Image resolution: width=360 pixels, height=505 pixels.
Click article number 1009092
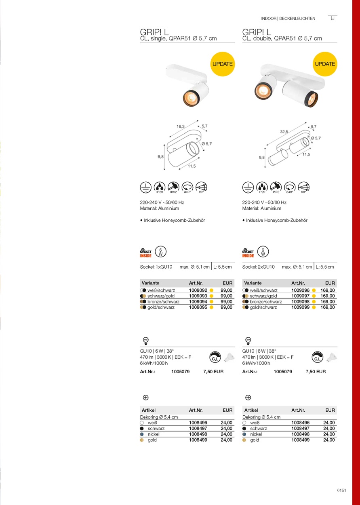click(x=198, y=290)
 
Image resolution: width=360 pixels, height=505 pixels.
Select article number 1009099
click(x=300, y=307)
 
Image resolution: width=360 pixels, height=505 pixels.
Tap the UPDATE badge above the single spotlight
click(x=223, y=64)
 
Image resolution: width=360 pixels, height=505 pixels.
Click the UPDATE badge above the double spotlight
click(x=325, y=64)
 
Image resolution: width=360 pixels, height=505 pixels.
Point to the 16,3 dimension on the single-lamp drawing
click(x=181, y=126)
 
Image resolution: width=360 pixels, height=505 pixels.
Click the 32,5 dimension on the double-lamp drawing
click(x=284, y=132)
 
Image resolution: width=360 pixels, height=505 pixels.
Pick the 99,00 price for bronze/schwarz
click(x=227, y=302)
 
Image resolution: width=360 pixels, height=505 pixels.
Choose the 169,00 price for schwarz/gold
click(x=328, y=296)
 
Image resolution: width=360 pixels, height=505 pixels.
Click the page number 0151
click(x=341, y=490)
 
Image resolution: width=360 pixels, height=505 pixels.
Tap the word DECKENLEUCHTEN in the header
click(x=297, y=19)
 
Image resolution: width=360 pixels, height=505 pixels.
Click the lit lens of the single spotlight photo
click(x=189, y=97)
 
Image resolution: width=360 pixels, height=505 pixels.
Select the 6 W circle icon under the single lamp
click(x=161, y=252)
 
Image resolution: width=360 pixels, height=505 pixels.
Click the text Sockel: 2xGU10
click(x=259, y=267)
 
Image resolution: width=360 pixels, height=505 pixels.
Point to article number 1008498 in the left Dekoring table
click(x=198, y=434)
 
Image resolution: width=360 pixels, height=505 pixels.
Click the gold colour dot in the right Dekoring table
click(x=244, y=440)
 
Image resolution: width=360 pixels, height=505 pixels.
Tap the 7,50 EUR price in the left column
click(x=213, y=372)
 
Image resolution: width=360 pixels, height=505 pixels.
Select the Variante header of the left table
click(x=151, y=283)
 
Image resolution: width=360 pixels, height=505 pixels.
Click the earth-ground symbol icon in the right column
click(x=248, y=187)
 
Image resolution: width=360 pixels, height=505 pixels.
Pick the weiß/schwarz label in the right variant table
click(x=263, y=290)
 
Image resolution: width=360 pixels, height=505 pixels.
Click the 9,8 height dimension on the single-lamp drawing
click(x=160, y=157)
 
